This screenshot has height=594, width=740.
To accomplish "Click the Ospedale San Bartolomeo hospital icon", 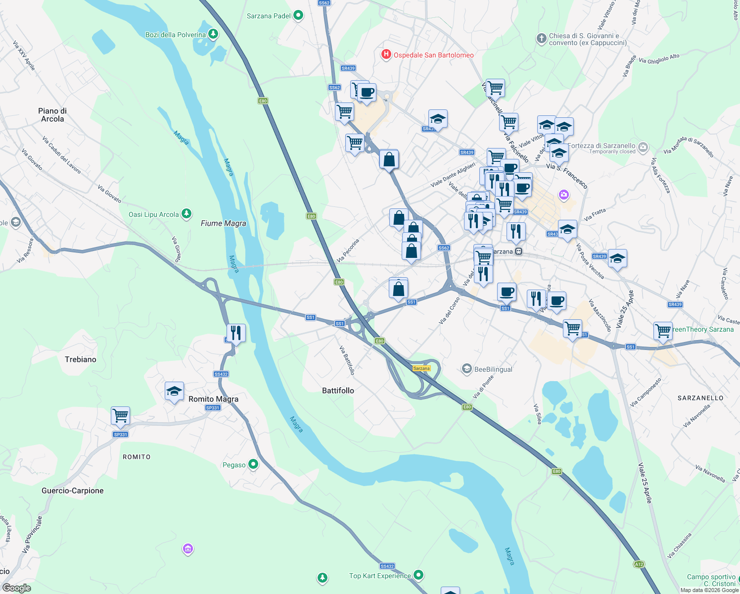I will coord(386,54).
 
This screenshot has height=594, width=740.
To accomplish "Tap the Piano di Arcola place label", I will coord(52,115).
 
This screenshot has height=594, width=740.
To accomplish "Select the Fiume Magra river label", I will coord(223,223).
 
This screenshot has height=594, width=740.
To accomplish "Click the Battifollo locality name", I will coord(338,391).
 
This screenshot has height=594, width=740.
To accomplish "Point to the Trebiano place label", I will coord(81,359).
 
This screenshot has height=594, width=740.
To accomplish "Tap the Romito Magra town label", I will coord(213,399).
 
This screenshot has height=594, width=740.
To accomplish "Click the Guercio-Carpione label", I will coord(73,491).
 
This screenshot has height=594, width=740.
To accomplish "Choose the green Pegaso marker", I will coord(253,464).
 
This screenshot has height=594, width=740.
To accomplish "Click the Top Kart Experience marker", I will coord(419,575).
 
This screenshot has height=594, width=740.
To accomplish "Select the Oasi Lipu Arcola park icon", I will coord(186,214).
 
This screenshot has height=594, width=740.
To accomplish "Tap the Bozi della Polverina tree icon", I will coord(213,34).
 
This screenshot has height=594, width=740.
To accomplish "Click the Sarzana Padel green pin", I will coord(298,15).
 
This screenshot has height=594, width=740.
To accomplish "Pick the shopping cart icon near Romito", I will coord(120,415).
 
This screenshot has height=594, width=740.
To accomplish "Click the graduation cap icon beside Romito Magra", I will coord(174,391).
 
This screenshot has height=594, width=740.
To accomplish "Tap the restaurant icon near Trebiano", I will coord(236,333).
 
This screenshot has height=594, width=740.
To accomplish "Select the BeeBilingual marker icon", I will coord(466,369).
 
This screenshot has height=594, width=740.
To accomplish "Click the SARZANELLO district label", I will coord(700,398).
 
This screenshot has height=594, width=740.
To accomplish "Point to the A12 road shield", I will coord(639,564).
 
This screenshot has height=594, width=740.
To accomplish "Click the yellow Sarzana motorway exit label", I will coord(421,368).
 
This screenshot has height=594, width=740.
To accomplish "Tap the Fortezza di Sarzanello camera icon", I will coord(643,147).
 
